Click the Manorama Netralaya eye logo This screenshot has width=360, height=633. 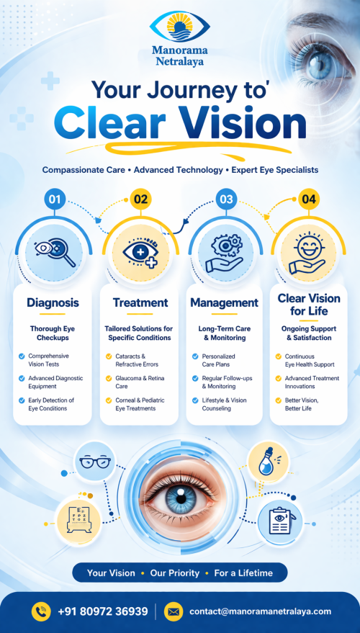pyautogui.click(x=180, y=27)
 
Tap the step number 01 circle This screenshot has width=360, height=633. pyautogui.click(x=55, y=199)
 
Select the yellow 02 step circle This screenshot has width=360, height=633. pyautogui.click(x=141, y=199)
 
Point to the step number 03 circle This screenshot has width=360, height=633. pyautogui.click(x=226, y=199)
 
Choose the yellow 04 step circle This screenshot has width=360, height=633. pyautogui.click(x=309, y=199)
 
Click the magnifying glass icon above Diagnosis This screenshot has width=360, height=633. pyautogui.click(x=55, y=253)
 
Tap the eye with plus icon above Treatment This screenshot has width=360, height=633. pyautogui.click(x=141, y=253)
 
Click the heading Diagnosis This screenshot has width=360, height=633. pyautogui.click(x=53, y=302)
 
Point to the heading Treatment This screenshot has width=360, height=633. pyautogui.click(x=140, y=302)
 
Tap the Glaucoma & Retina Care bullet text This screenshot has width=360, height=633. pyautogui.click(x=140, y=382)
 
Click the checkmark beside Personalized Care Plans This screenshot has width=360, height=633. pyautogui.click(x=195, y=356)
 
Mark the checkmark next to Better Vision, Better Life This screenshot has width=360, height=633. pyautogui.click(x=279, y=400)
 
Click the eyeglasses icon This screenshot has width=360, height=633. pyautogui.click(x=95, y=462)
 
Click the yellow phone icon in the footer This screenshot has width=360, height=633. pyautogui.click(x=41, y=611)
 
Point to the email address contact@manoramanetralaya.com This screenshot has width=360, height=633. pyautogui.click(x=261, y=611)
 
